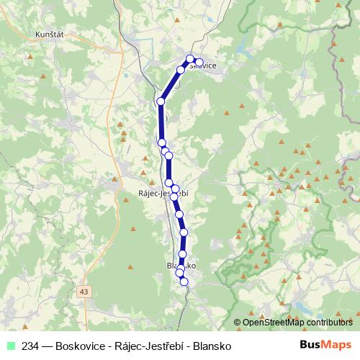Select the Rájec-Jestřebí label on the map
pyautogui.click(x=163, y=194)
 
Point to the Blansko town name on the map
pyautogui.click(x=180, y=266)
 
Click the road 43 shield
pyautogui.click(x=86, y=291)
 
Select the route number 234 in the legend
pyautogui.click(x=30, y=346)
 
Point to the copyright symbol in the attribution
pyautogui.click(x=238, y=323)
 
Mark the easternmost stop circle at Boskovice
pyautogui.click(x=199, y=62)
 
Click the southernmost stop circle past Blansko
pyautogui.click(x=184, y=282)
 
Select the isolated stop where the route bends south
pyautogui.click(x=161, y=102)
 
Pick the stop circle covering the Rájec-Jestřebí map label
pyautogui.click(x=174, y=196)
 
